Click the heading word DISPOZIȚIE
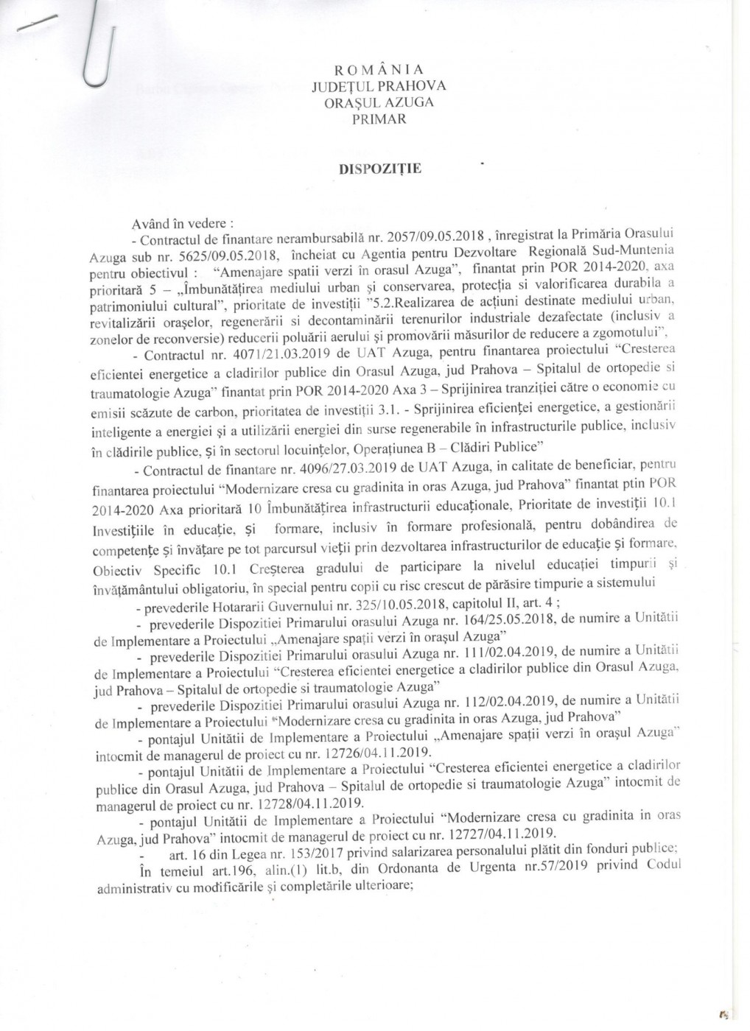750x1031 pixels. pyautogui.click(x=379, y=169)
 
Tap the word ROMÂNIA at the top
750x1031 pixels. pyautogui.click(x=379, y=70)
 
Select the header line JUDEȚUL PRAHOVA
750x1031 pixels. pyautogui.click(x=379, y=86)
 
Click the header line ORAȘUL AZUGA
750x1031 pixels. pyautogui.click(x=379, y=102)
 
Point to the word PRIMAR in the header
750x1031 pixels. pyautogui.click(x=379, y=119)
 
